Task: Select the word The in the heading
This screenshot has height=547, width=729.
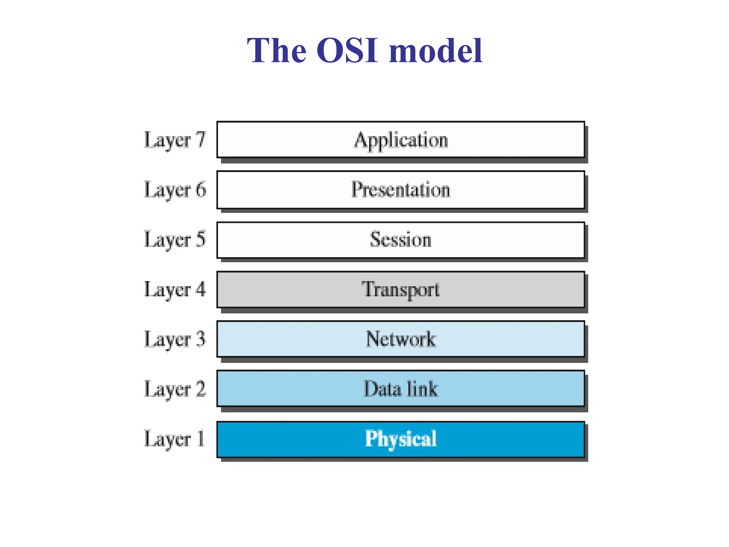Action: point(276,51)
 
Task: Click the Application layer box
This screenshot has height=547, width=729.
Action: point(400,140)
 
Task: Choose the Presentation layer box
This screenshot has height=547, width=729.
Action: point(400,189)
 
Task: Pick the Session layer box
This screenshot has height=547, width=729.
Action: point(400,240)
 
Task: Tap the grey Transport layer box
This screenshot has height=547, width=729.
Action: point(400,289)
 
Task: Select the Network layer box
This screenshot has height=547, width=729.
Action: point(400,339)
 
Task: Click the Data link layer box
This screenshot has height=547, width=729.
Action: point(400,389)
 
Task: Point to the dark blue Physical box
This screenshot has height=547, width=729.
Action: point(400,439)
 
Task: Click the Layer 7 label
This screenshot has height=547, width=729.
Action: point(174,140)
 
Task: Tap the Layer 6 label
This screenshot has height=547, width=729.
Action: point(174,190)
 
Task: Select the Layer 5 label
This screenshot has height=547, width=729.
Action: point(174,240)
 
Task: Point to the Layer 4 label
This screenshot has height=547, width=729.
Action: point(174,290)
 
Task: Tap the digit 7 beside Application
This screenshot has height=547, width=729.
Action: point(200,139)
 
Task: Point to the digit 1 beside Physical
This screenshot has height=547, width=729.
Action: point(201,438)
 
